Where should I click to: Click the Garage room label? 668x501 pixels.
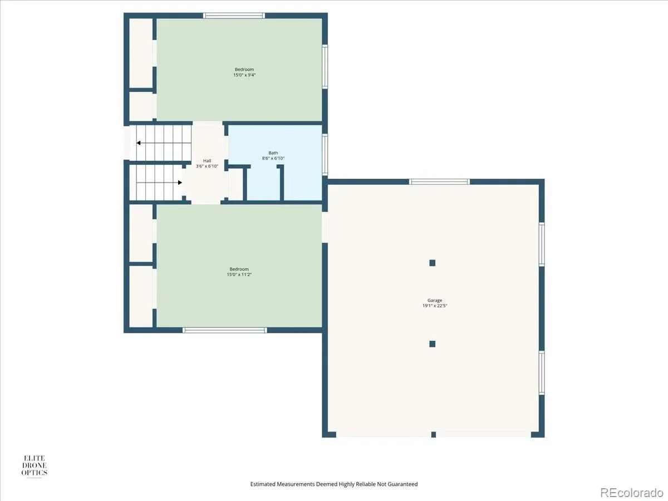click(x=435, y=300)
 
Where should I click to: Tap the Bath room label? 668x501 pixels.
click(x=273, y=153)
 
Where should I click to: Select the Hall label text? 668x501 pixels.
click(x=207, y=161)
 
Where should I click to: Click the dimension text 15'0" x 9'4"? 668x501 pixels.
click(x=244, y=75)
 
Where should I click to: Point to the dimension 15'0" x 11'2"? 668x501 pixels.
click(x=239, y=274)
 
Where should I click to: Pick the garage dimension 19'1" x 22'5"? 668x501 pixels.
click(x=435, y=306)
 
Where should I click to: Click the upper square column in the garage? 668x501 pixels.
click(x=432, y=263)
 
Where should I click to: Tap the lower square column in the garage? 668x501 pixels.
click(x=432, y=344)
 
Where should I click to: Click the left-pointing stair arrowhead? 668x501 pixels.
click(x=138, y=143)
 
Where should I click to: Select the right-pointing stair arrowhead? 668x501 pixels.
click(x=180, y=183)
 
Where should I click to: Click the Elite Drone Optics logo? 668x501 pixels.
click(x=35, y=466)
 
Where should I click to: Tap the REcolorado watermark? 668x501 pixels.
click(x=632, y=492)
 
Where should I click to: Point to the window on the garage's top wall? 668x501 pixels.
click(x=439, y=181)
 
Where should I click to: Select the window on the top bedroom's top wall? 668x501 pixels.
click(x=234, y=16)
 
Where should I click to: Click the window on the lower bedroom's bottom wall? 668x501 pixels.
click(x=224, y=330)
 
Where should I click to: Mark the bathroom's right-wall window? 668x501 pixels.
click(x=325, y=154)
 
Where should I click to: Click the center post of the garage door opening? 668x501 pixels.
click(x=433, y=435)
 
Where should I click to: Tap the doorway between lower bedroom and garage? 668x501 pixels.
click(x=325, y=227)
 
